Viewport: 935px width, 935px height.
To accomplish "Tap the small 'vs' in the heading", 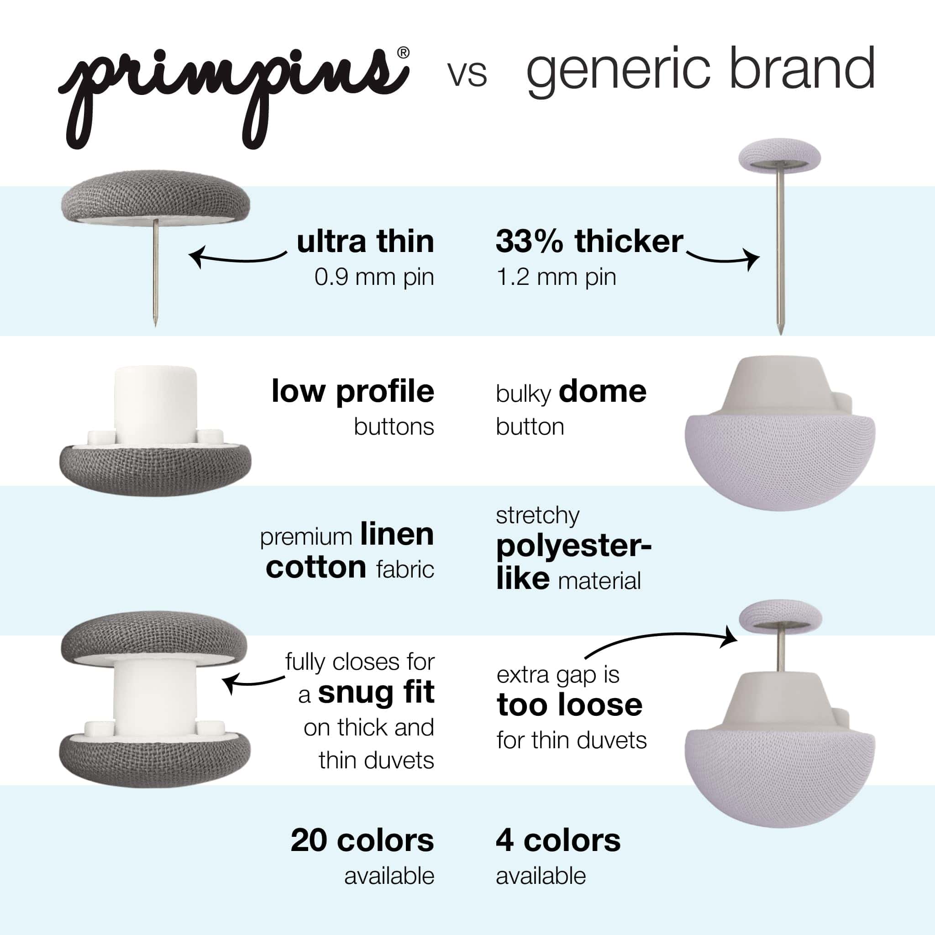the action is click(x=467, y=75).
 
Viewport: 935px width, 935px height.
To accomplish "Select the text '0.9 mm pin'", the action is click(x=374, y=277).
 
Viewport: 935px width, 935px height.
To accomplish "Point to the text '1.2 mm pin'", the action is click(x=556, y=277).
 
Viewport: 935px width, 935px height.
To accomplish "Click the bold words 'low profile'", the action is click(x=353, y=391).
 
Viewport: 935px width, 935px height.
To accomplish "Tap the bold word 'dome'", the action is click(x=603, y=391).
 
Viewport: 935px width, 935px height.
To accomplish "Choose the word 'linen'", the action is click(x=397, y=535).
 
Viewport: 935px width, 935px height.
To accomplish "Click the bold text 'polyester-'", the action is click(x=574, y=547).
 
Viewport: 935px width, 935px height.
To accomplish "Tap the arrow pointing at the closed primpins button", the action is click(x=253, y=682).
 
